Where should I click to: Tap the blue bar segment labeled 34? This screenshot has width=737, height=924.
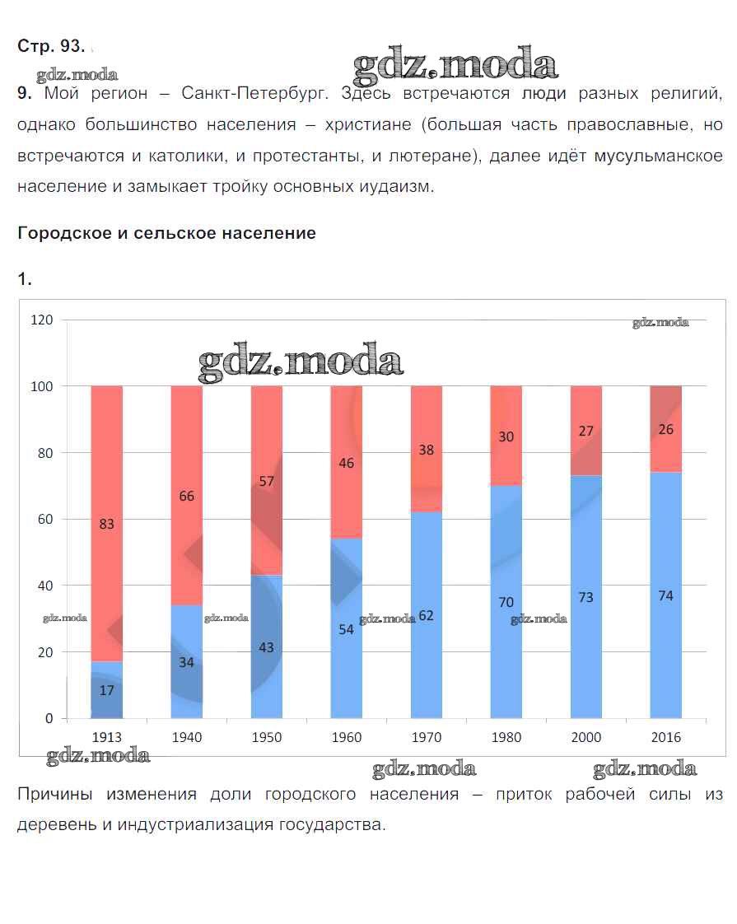pos(186,661)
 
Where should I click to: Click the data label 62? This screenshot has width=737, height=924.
pos(426,615)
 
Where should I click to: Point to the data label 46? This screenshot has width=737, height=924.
pos(346,463)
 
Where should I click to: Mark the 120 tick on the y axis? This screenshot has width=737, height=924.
pos(42,320)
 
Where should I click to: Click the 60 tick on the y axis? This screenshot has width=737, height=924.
pos(45,519)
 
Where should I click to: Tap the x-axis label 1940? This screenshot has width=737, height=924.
pos(186,737)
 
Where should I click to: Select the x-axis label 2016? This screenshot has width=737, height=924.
pos(665,737)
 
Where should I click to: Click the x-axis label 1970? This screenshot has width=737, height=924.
pos(426,737)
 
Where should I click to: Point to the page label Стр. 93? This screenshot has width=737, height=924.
pos(50,46)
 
